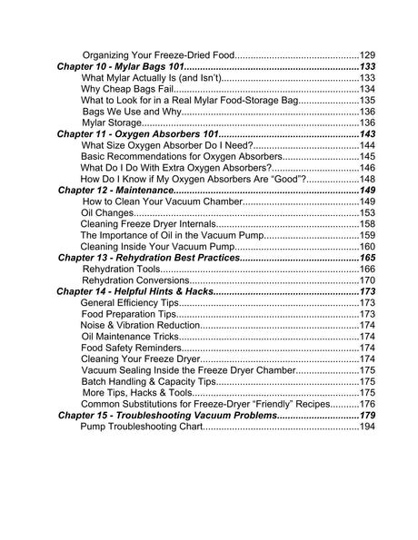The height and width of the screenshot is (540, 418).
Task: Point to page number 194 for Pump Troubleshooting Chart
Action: point(367,426)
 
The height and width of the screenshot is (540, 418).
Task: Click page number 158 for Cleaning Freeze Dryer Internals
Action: point(367,224)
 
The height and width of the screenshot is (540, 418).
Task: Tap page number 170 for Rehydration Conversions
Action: point(367,280)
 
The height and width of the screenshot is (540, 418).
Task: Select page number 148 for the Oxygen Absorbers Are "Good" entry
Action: point(367,180)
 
